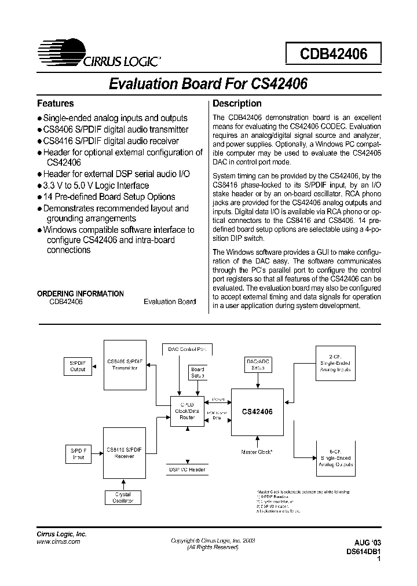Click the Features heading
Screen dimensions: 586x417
click(56, 104)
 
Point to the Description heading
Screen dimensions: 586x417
click(237, 104)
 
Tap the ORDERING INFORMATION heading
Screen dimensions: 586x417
click(81, 294)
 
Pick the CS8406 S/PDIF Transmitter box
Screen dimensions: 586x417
click(125, 365)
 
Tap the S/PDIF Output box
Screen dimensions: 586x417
click(78, 365)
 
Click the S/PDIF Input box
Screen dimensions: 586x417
click(78, 453)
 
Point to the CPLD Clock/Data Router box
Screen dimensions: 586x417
click(187, 411)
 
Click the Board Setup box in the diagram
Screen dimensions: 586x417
click(197, 372)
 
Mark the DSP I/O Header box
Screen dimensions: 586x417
click(186, 470)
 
